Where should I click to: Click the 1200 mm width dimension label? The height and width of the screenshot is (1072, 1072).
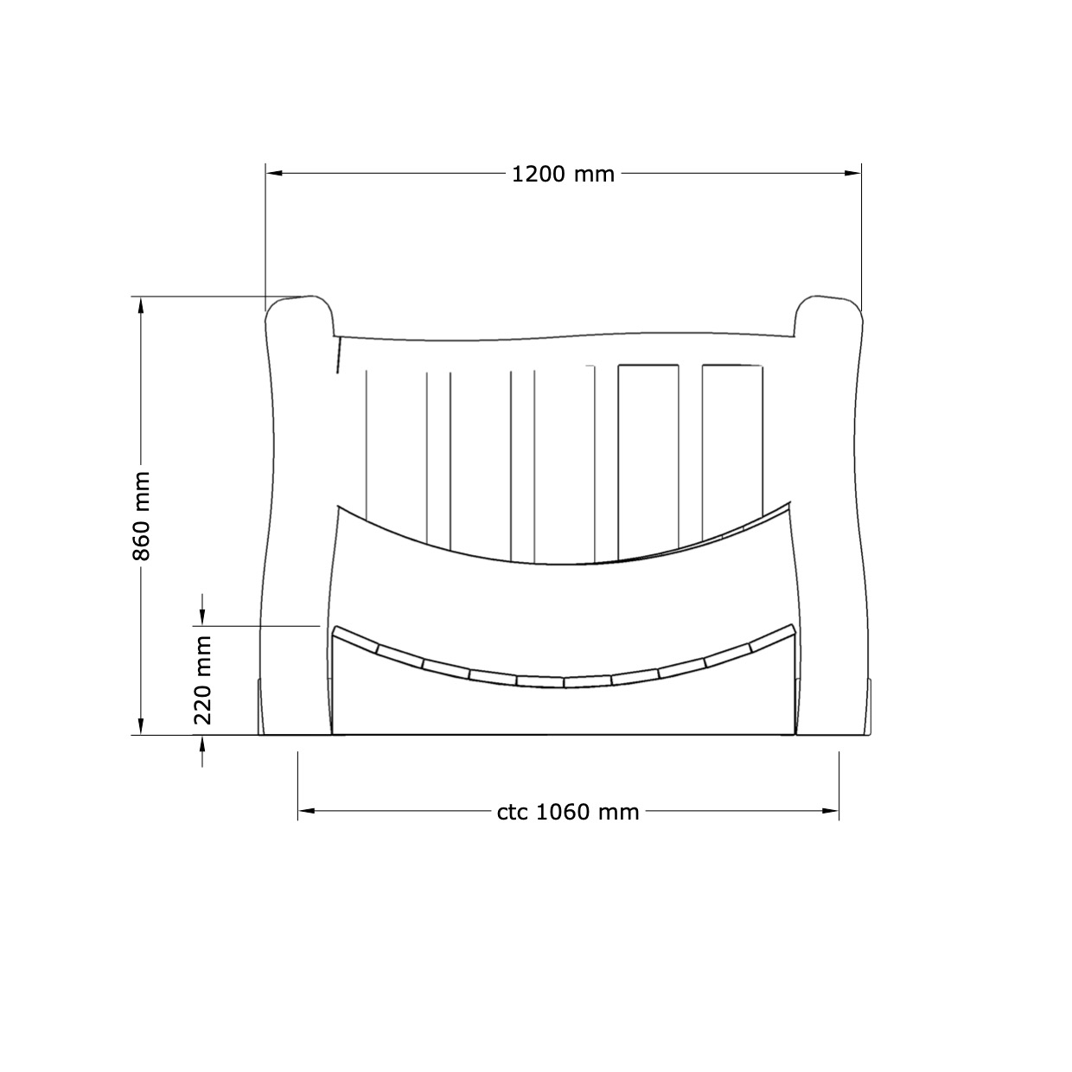[563, 175]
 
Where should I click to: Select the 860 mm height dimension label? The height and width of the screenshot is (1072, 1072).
[142, 516]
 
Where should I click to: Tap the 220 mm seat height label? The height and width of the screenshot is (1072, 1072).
[203, 680]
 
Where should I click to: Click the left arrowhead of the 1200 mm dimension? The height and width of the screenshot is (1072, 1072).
[274, 174]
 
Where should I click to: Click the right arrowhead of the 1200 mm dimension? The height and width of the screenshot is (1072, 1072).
[852, 174]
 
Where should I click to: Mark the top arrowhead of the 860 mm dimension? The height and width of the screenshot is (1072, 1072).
[141, 305]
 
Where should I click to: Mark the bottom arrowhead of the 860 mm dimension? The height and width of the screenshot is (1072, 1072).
[141, 726]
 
